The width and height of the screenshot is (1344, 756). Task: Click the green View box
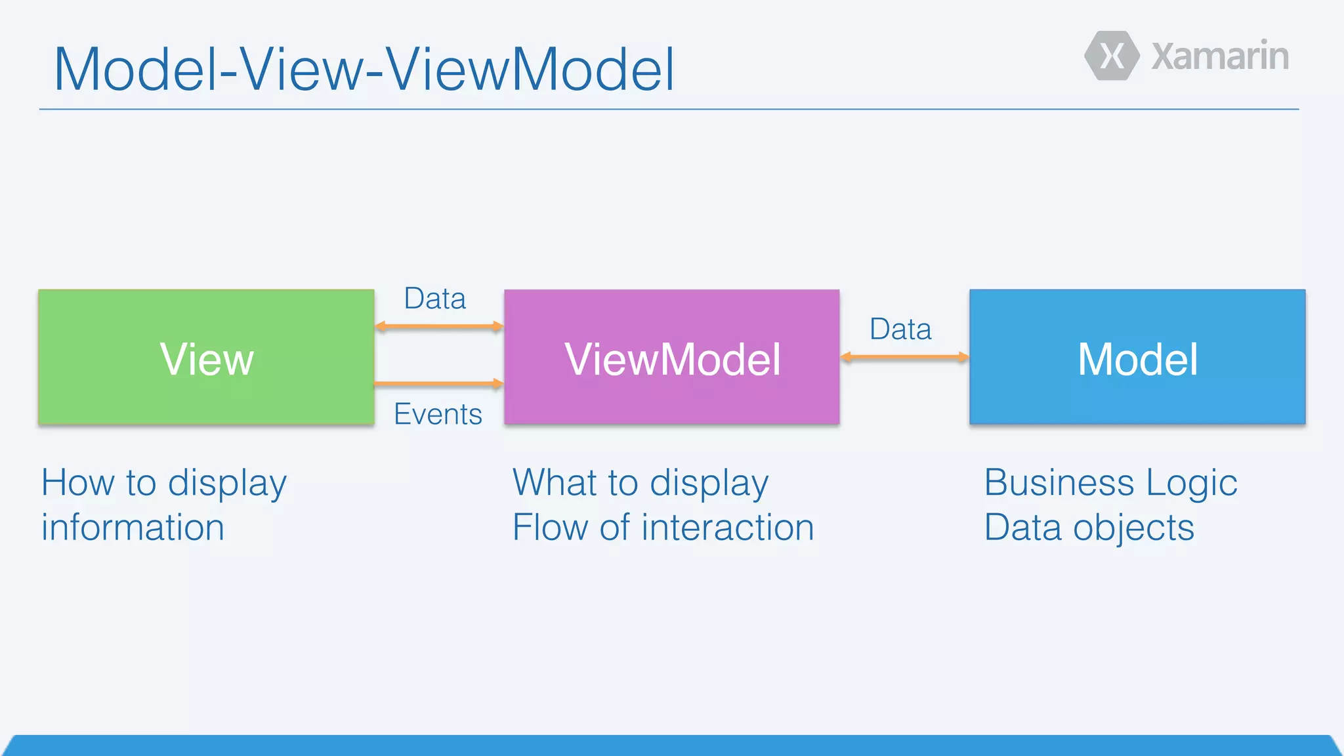206,357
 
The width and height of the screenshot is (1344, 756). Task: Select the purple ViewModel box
671,357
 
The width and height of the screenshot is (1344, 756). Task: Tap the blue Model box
1137,357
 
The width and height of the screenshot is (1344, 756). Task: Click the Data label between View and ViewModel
434,299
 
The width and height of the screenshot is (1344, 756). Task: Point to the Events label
438,414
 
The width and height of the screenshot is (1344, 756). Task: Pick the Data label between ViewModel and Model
900,329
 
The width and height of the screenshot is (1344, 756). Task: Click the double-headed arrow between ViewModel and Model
904,357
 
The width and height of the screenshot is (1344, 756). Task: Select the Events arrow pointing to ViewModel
438,383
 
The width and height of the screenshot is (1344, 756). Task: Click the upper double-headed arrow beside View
438,326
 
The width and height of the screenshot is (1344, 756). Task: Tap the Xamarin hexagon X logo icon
1112,56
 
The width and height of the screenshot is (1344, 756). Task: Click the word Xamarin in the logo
1220,56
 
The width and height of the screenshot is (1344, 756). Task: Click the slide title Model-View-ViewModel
364,69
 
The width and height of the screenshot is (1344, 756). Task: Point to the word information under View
133,528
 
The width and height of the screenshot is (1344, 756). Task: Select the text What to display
640,483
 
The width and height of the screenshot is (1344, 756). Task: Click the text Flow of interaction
663,528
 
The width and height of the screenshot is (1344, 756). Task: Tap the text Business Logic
1110,483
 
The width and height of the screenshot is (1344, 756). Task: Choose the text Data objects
1089,528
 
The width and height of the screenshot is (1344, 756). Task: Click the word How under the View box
77,483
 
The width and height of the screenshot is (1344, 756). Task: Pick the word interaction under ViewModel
727,528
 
